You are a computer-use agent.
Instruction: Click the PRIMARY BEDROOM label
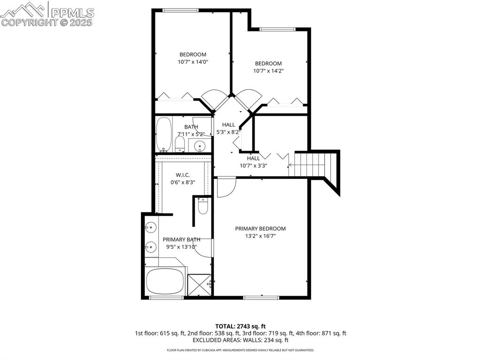260,229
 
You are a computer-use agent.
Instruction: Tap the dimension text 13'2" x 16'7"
260,236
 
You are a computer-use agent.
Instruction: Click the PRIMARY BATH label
181,239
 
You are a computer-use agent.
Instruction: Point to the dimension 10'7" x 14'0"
193,61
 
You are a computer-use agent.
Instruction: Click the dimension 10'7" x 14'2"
268,71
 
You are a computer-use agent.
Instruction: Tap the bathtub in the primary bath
165,281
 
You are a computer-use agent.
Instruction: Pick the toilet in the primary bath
202,207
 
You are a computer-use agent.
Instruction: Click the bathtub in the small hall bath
163,134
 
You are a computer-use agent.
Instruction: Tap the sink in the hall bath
201,146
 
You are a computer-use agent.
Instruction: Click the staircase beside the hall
315,165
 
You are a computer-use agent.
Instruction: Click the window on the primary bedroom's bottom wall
261,297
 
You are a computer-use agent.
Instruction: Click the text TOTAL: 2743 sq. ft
240,326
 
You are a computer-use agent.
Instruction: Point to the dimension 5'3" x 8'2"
228,132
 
